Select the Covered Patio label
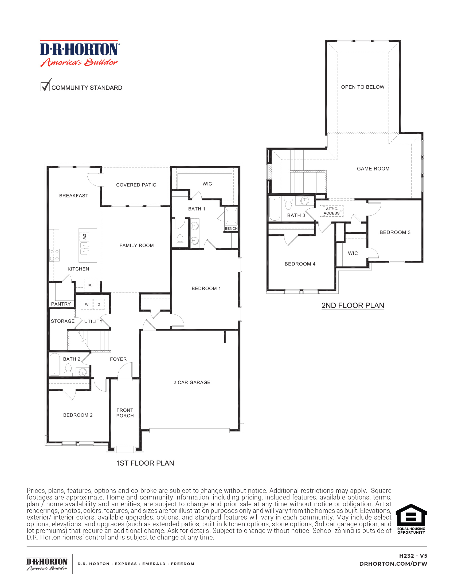pos(136,185)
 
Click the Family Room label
pos(136,245)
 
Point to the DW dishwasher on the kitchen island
pos(84,236)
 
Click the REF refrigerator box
pos(91,285)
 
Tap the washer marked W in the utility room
pos(87,304)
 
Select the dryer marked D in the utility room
pos(99,304)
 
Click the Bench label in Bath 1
pos(231,228)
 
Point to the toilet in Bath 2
pos(68,370)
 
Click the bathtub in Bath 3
pos(275,209)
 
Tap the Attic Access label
pos(331,211)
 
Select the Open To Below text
pos(363,87)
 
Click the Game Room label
pos(373,169)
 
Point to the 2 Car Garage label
pos(192,382)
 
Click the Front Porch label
pos(125,413)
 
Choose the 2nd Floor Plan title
pos(353,306)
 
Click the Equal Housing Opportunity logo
pos(411,519)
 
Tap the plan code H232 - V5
pos(413,556)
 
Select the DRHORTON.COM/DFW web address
pos(393,564)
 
